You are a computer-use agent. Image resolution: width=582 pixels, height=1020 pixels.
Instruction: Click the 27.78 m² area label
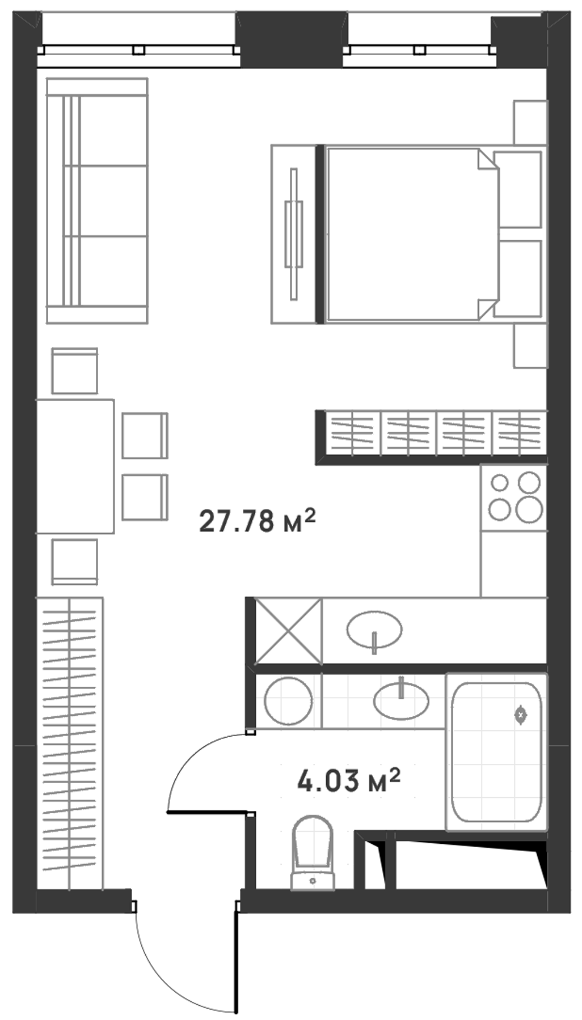pyautogui.click(x=257, y=521)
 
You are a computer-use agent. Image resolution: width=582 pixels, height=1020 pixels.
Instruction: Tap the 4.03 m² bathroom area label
pyautogui.click(x=349, y=781)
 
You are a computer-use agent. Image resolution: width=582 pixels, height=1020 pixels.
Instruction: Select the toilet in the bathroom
pyautogui.click(x=313, y=853)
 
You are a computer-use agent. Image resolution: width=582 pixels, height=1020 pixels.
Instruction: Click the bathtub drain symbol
pyautogui.click(x=520, y=715)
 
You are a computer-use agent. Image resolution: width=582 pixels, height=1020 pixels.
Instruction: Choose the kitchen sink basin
pyautogui.click(x=374, y=629)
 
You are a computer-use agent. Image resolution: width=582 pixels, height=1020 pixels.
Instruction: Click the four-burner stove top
pyautogui.click(x=514, y=498)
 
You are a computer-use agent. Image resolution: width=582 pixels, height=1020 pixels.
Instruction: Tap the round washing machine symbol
pyautogui.click(x=289, y=701)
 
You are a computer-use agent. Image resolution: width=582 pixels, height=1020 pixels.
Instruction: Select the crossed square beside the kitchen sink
pyautogui.click(x=289, y=631)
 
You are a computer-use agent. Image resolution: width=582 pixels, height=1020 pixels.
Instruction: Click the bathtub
pyautogui.click(x=497, y=752)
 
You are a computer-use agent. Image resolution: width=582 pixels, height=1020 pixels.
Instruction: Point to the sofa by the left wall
pyautogui.click(x=97, y=201)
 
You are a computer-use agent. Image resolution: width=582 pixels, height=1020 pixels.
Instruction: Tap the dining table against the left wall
pyautogui.click(x=75, y=466)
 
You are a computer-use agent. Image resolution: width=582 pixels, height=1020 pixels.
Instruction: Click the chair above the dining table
pyautogui.click(x=74, y=371)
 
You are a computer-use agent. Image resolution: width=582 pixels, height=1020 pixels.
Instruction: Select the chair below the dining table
pyautogui.click(x=74, y=562)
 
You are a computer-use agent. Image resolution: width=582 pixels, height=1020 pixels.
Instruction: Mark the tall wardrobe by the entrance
pyautogui.click(x=70, y=743)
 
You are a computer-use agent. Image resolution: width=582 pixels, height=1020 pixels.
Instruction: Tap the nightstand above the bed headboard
pyautogui.click(x=531, y=122)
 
